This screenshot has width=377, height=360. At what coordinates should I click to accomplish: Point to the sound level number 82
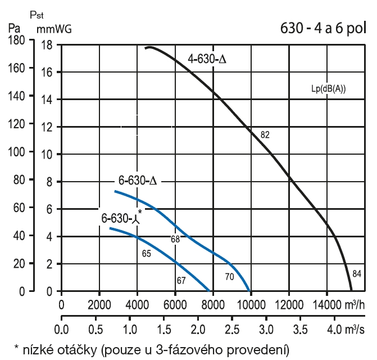[266, 135]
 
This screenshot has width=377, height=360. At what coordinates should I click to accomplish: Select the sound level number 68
[176, 239]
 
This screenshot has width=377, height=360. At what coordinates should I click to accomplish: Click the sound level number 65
[147, 254]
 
